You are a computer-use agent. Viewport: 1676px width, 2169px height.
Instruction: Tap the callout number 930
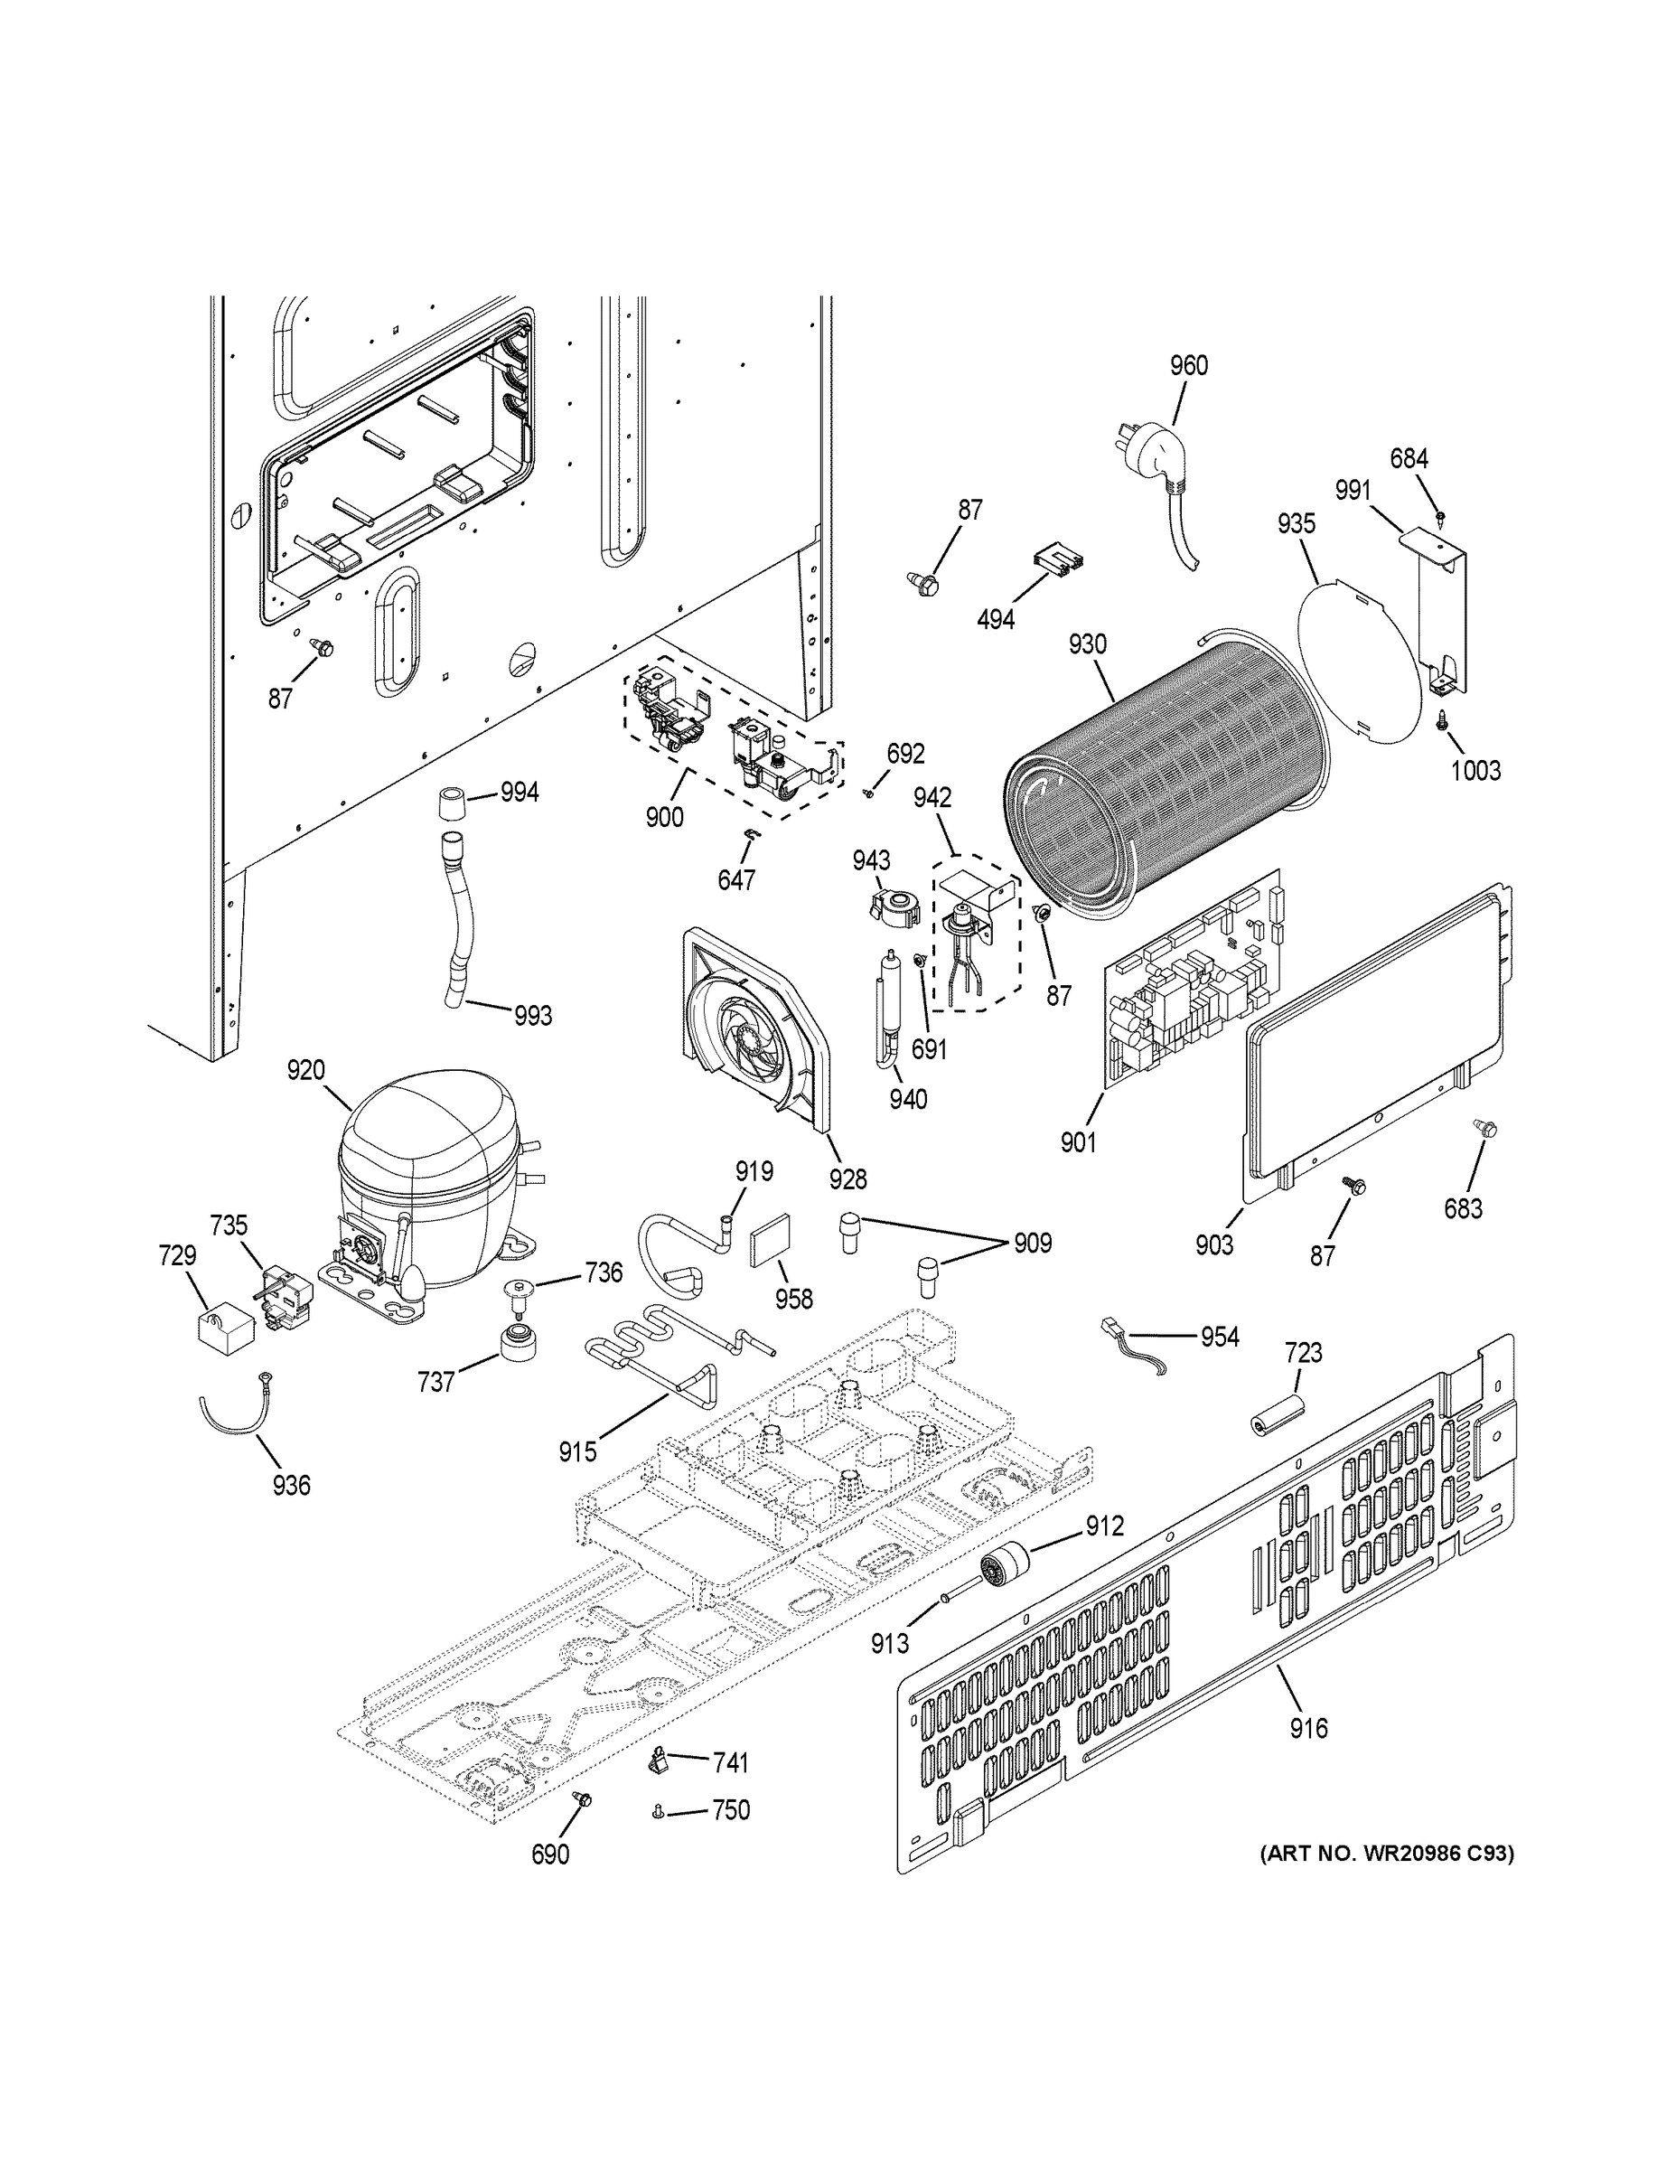pyautogui.click(x=1087, y=643)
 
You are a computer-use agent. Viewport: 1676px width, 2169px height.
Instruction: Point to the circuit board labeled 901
pyautogui.click(x=1192, y=983)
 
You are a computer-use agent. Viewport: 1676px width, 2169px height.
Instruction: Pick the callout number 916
pyautogui.click(x=1307, y=1728)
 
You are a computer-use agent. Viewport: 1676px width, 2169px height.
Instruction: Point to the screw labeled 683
pyautogui.click(x=1486, y=1129)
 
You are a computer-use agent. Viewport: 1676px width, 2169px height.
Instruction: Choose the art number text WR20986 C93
pyautogui.click(x=1386, y=1852)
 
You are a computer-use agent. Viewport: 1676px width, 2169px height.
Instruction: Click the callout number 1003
pyautogui.click(x=1475, y=770)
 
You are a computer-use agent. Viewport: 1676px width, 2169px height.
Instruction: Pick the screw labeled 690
pyautogui.click(x=583, y=1800)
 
